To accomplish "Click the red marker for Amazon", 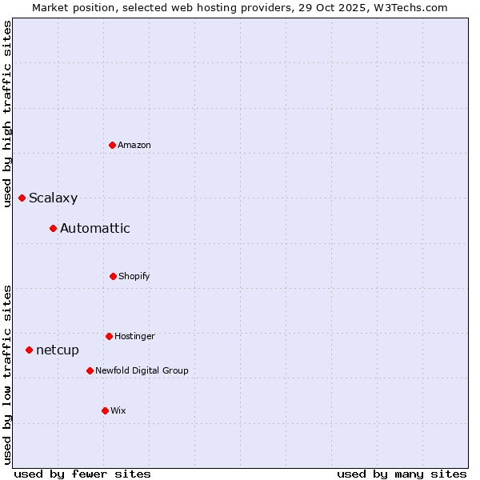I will [112, 145].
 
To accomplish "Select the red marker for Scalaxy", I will [22, 198].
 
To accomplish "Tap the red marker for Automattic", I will [53, 228].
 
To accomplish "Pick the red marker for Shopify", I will [113, 276].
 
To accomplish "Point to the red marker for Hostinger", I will [109, 336].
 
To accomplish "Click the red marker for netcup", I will [29, 350].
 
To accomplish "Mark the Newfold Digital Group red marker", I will [90, 370].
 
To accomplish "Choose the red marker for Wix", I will [105, 410].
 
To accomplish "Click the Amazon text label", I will [134, 145].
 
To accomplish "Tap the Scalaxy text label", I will [53, 198].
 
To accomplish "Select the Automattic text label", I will [94, 228].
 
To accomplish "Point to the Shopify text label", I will [134, 276].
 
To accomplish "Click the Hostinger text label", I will [134, 336].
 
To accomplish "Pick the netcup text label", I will [58, 350].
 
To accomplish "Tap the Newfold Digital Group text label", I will [142, 370].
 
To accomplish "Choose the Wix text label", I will [118, 410].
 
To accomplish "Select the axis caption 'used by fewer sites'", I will [82, 474].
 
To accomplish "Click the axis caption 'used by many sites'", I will [402, 474].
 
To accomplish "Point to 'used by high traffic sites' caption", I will [7, 114].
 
